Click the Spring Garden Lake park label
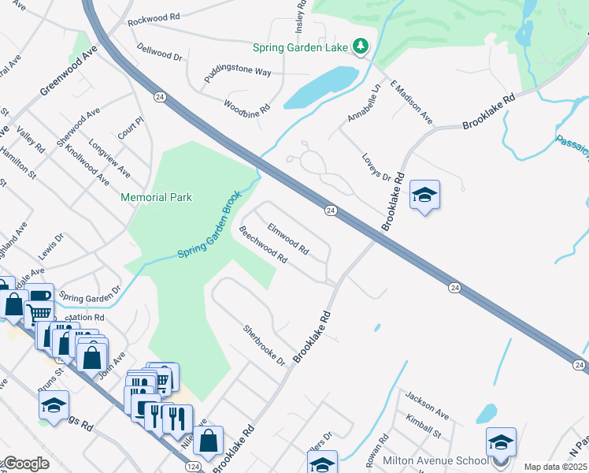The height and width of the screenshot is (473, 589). [300, 47]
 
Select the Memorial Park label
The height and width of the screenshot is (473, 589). [157, 197]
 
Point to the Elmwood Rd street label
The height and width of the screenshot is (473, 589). [287, 237]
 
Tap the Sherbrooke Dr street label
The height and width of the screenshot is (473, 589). [263, 345]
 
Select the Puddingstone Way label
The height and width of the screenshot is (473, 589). [237, 72]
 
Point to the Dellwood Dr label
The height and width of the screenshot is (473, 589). [159, 57]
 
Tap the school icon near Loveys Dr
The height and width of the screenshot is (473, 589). [424, 196]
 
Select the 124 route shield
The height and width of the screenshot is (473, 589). [194, 467]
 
